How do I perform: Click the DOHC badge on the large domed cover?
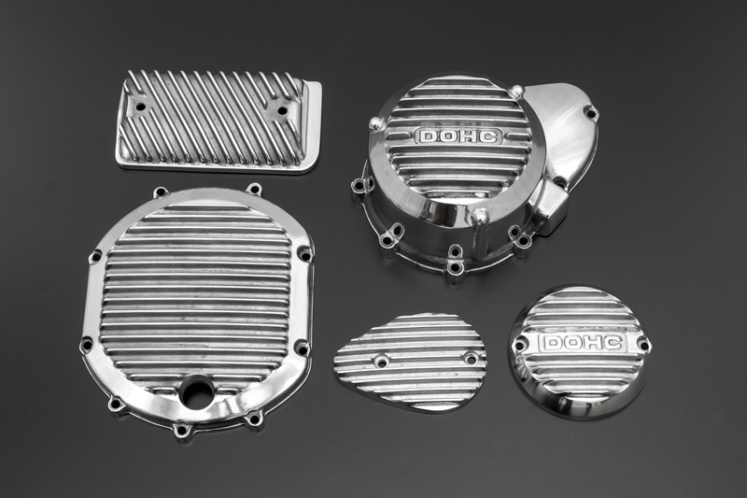point(458,136)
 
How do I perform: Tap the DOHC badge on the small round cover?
point(582,343)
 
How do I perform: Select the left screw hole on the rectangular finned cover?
point(139,107)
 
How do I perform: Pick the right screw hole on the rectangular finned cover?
point(283,110)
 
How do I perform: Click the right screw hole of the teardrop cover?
point(472,359)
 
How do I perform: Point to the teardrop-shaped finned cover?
point(410,363)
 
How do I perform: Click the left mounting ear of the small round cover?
point(519,343)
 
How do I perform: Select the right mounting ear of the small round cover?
point(642,343)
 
